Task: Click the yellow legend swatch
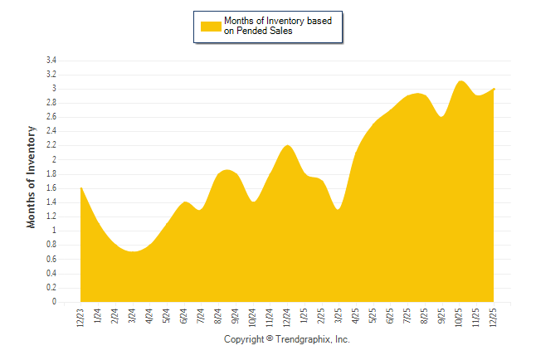click(x=211, y=26)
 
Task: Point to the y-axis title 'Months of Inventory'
click(x=32, y=177)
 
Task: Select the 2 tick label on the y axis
click(x=53, y=159)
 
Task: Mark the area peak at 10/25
click(x=461, y=81)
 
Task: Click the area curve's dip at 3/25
click(x=339, y=209)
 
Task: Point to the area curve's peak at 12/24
click(x=288, y=146)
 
